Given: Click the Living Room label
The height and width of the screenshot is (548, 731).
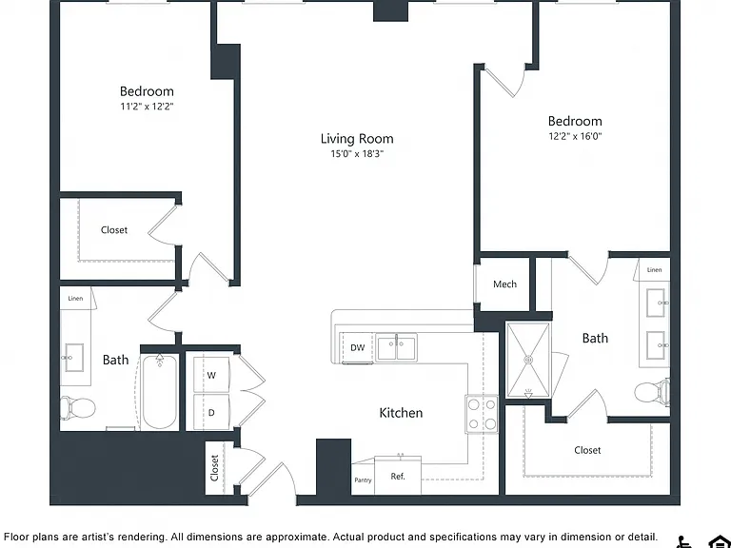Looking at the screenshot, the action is [357, 138].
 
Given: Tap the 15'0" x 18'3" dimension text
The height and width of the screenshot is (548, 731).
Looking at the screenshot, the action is [357, 154].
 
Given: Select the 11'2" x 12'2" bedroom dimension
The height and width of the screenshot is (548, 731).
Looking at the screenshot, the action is [147, 107].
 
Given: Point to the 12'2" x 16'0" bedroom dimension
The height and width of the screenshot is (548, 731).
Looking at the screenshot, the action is [575, 136].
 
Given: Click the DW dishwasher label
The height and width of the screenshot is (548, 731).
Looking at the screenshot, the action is [357, 347].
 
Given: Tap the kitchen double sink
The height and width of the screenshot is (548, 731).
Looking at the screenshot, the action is [397, 347].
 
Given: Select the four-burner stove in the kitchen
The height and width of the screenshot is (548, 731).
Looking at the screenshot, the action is [482, 414].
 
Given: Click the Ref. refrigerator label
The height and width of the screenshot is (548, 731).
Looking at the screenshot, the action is [398, 477].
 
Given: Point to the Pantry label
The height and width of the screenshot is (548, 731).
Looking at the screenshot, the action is [363, 479].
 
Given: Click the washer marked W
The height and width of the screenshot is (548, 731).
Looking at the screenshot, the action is [211, 375].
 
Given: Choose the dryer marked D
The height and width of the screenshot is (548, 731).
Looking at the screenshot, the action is [211, 412].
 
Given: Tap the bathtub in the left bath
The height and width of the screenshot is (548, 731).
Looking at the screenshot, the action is [160, 392].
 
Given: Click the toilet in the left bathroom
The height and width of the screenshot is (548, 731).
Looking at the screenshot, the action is [78, 408].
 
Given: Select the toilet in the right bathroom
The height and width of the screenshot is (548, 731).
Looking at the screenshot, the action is [652, 390].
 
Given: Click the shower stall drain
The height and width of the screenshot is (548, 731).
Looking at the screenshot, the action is [528, 360].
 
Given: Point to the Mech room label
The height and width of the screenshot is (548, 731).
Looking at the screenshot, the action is [504, 284].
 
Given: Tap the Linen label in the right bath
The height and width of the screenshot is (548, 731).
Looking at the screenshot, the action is [654, 270].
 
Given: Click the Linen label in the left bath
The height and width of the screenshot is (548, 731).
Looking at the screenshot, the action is [75, 298].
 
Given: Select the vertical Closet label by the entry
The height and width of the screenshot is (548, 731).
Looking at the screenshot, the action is [214, 467].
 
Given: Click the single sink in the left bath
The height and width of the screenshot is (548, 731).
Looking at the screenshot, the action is [73, 358].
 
